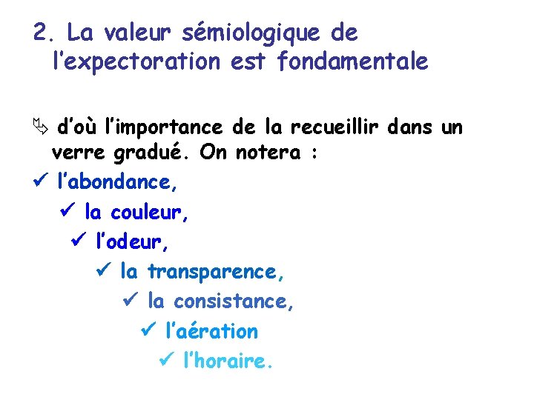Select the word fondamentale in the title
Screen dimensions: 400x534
tap(353, 62)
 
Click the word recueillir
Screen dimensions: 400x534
tap(330, 127)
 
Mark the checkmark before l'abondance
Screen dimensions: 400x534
tap(42, 182)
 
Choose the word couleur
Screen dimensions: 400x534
tap(150, 213)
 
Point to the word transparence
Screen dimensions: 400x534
tap(216, 272)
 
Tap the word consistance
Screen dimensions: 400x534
tap(234, 301)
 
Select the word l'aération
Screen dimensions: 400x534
tap(213, 331)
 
